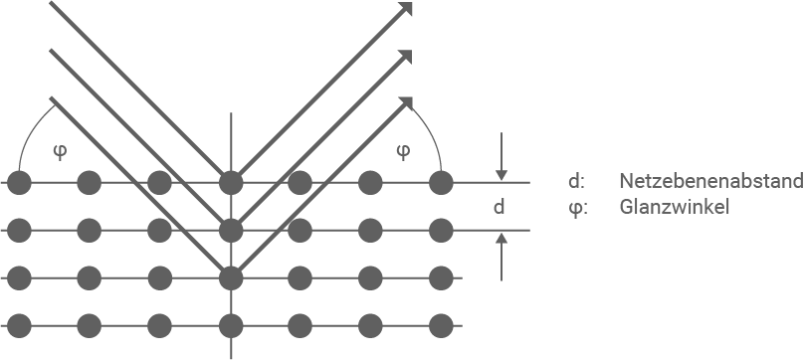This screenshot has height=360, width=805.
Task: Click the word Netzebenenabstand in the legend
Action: click(x=709, y=182)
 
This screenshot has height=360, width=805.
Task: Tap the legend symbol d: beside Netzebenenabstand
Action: click(x=576, y=182)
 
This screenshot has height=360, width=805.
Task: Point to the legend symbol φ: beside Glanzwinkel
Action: click(x=576, y=209)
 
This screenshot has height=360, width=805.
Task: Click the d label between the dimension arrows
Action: click(x=501, y=207)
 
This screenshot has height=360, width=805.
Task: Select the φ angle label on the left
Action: click(x=60, y=151)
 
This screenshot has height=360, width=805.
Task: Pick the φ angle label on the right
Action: click(x=402, y=151)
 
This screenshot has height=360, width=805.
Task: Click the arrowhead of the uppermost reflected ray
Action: click(x=406, y=9)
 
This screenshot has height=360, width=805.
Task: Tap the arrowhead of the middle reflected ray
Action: click(x=406, y=56)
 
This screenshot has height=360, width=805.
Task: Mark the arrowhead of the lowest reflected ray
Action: click(x=406, y=102)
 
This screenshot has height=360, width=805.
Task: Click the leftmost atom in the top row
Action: click(x=19, y=183)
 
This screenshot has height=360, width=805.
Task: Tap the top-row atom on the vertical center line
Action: click(x=231, y=183)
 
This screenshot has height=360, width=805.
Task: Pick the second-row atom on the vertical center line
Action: click(x=231, y=231)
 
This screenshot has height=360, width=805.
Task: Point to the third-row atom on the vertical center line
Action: click(x=231, y=277)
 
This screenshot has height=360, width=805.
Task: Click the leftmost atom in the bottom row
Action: click(x=19, y=324)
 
